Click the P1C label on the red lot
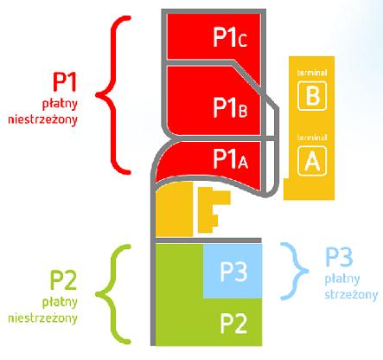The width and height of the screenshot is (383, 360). tap(230, 37)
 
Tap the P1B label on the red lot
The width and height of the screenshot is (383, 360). tap(230, 107)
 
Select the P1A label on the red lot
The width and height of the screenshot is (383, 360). tap(230, 158)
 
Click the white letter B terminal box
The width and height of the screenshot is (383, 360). tap(312, 96)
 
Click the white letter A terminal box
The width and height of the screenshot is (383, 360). tap(312, 161)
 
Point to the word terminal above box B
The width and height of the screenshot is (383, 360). tap(312, 73)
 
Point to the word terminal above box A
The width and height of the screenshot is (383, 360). tap(312, 138)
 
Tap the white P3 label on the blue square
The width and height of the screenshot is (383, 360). tap(233, 272)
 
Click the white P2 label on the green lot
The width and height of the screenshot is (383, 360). tap(233, 324)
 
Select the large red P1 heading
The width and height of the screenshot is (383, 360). tap(65, 81)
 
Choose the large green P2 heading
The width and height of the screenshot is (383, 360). tap(64, 280)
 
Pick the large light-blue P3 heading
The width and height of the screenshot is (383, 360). tap(339, 257)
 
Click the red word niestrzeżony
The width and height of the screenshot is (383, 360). tap(42, 119)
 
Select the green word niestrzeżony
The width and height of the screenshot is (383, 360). tap(42, 318)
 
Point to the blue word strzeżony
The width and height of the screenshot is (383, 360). tap(351, 294)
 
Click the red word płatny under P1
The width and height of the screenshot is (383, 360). tap(60, 104)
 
